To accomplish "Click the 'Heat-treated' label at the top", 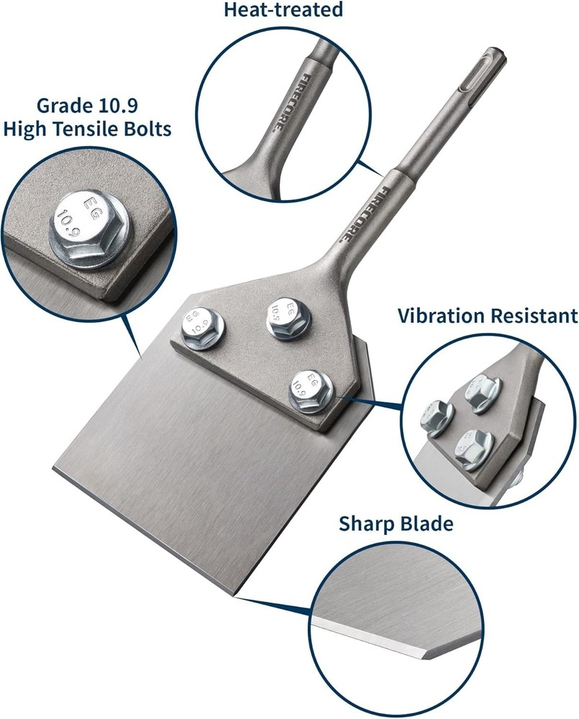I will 283,10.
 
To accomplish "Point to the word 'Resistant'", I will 536,316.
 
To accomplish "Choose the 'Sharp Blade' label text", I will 396,524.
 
